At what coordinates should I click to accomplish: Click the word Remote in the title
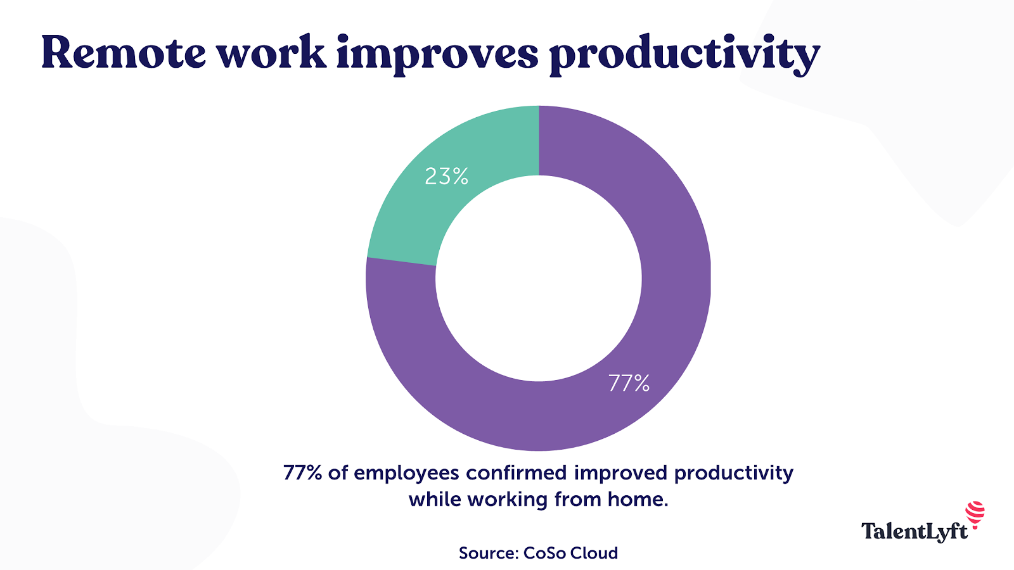(124, 53)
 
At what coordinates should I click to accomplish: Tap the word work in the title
(271, 53)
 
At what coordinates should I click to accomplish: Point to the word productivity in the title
(684, 56)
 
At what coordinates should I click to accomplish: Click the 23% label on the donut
(446, 176)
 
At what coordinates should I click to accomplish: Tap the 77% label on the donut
(629, 383)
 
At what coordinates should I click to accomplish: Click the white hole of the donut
(539, 279)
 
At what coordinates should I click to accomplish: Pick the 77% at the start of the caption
(302, 473)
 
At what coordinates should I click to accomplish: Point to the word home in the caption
(638, 500)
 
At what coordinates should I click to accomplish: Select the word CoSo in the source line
(544, 553)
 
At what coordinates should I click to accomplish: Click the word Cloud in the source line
(594, 553)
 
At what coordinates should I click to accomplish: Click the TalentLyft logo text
(914, 531)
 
